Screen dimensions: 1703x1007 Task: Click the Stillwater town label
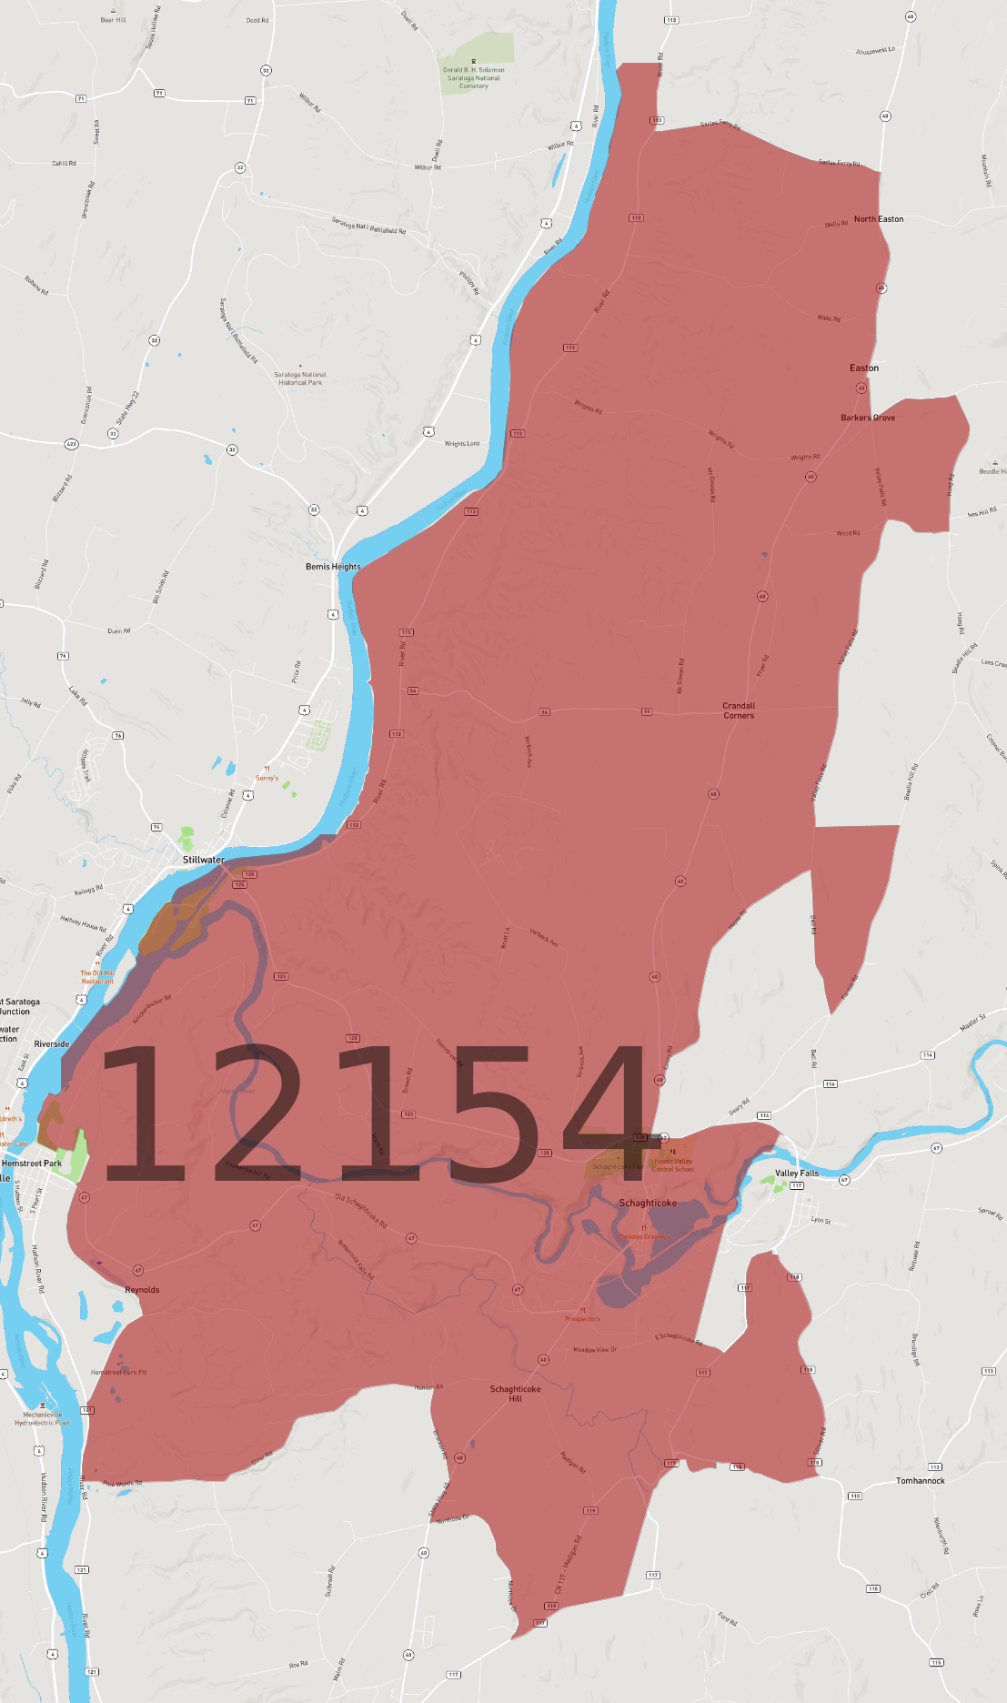204,860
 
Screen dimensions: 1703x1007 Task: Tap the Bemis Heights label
333,567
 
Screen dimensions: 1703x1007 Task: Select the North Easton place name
879,219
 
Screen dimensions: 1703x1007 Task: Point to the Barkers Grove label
868,418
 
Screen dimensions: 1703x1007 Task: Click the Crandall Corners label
739,710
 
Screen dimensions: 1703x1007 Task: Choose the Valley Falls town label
797,1174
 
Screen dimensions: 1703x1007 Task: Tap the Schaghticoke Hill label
515,1394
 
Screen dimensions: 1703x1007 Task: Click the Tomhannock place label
921,1481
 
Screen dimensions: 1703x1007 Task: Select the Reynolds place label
142,1290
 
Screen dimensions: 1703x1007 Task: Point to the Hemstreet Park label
32,1164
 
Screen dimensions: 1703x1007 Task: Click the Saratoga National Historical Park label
300,378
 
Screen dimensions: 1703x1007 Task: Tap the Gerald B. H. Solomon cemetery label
474,77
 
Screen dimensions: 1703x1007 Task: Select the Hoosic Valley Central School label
673,1165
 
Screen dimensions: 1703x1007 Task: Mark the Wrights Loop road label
461,444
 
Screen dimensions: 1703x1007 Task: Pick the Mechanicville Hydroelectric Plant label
43,1418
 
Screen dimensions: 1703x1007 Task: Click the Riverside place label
52,1044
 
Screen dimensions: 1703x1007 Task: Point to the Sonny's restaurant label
267,778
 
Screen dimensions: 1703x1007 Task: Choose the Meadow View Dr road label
595,1350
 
